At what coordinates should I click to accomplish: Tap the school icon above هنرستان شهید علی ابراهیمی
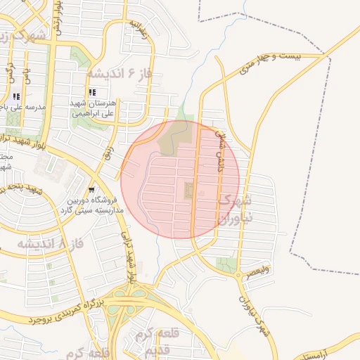pyautogui.click(x=91, y=92)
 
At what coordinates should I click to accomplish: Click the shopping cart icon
pyautogui.click(x=91, y=190)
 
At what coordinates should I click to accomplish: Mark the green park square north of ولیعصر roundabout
pyautogui.click(x=226, y=265)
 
